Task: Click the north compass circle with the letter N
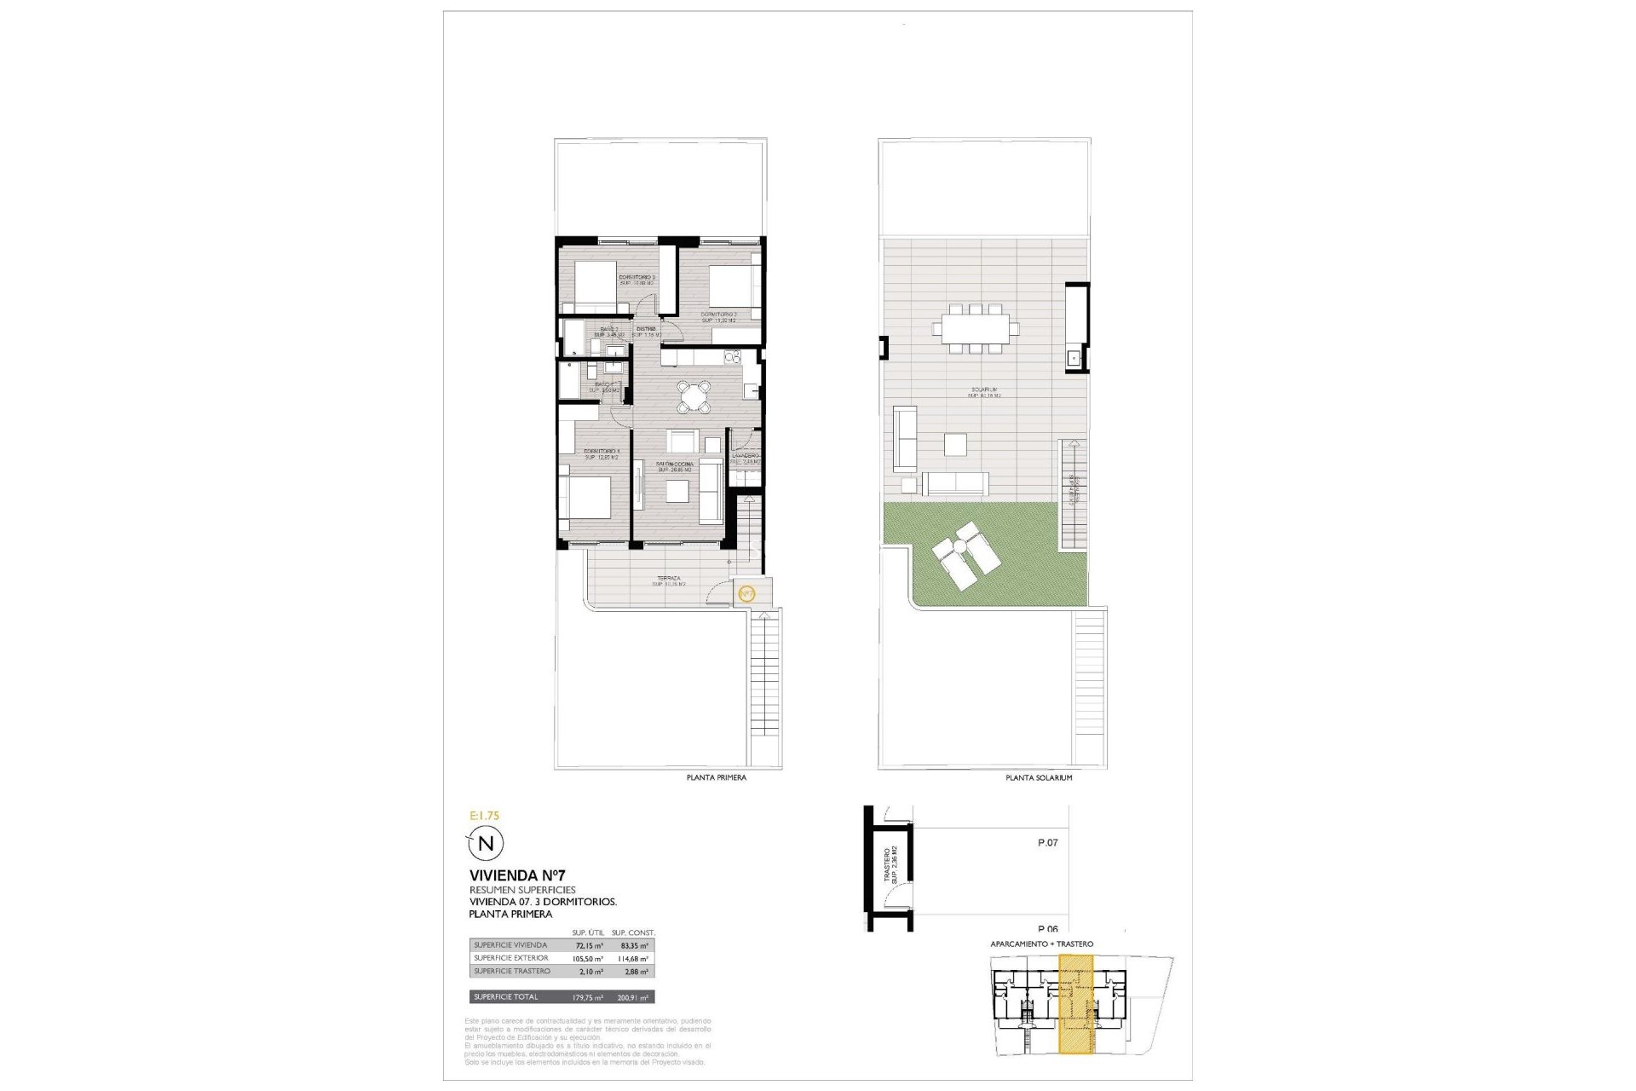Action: pos(486,844)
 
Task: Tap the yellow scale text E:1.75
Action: pos(485,816)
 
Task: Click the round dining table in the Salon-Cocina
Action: pos(694,395)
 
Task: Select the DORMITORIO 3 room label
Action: pos(636,278)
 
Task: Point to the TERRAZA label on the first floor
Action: pos(669,579)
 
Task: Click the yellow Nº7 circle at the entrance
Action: pos(746,593)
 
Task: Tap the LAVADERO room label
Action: pos(746,456)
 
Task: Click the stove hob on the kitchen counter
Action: pos(730,355)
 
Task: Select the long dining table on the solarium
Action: pos(976,327)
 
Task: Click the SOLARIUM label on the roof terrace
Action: pos(983,390)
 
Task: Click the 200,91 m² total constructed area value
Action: pos(632,997)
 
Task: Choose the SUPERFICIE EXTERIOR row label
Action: pos(511,958)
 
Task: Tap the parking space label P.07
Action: pos(1047,843)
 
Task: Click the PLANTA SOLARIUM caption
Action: pos(1039,778)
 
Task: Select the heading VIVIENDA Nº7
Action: pos(517,875)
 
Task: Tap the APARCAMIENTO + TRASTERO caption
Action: pos(1041,944)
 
